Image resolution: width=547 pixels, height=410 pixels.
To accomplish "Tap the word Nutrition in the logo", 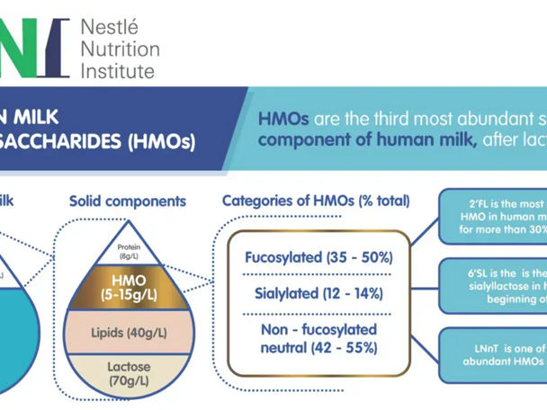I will point(120,49).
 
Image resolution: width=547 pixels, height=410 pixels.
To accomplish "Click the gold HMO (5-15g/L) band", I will point(128,282).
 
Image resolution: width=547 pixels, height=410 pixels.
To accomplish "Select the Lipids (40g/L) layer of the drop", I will point(128,333).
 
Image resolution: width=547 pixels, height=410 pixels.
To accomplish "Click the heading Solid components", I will point(128,201).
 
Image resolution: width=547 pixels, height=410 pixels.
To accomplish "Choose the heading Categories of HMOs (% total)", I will point(316,201).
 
